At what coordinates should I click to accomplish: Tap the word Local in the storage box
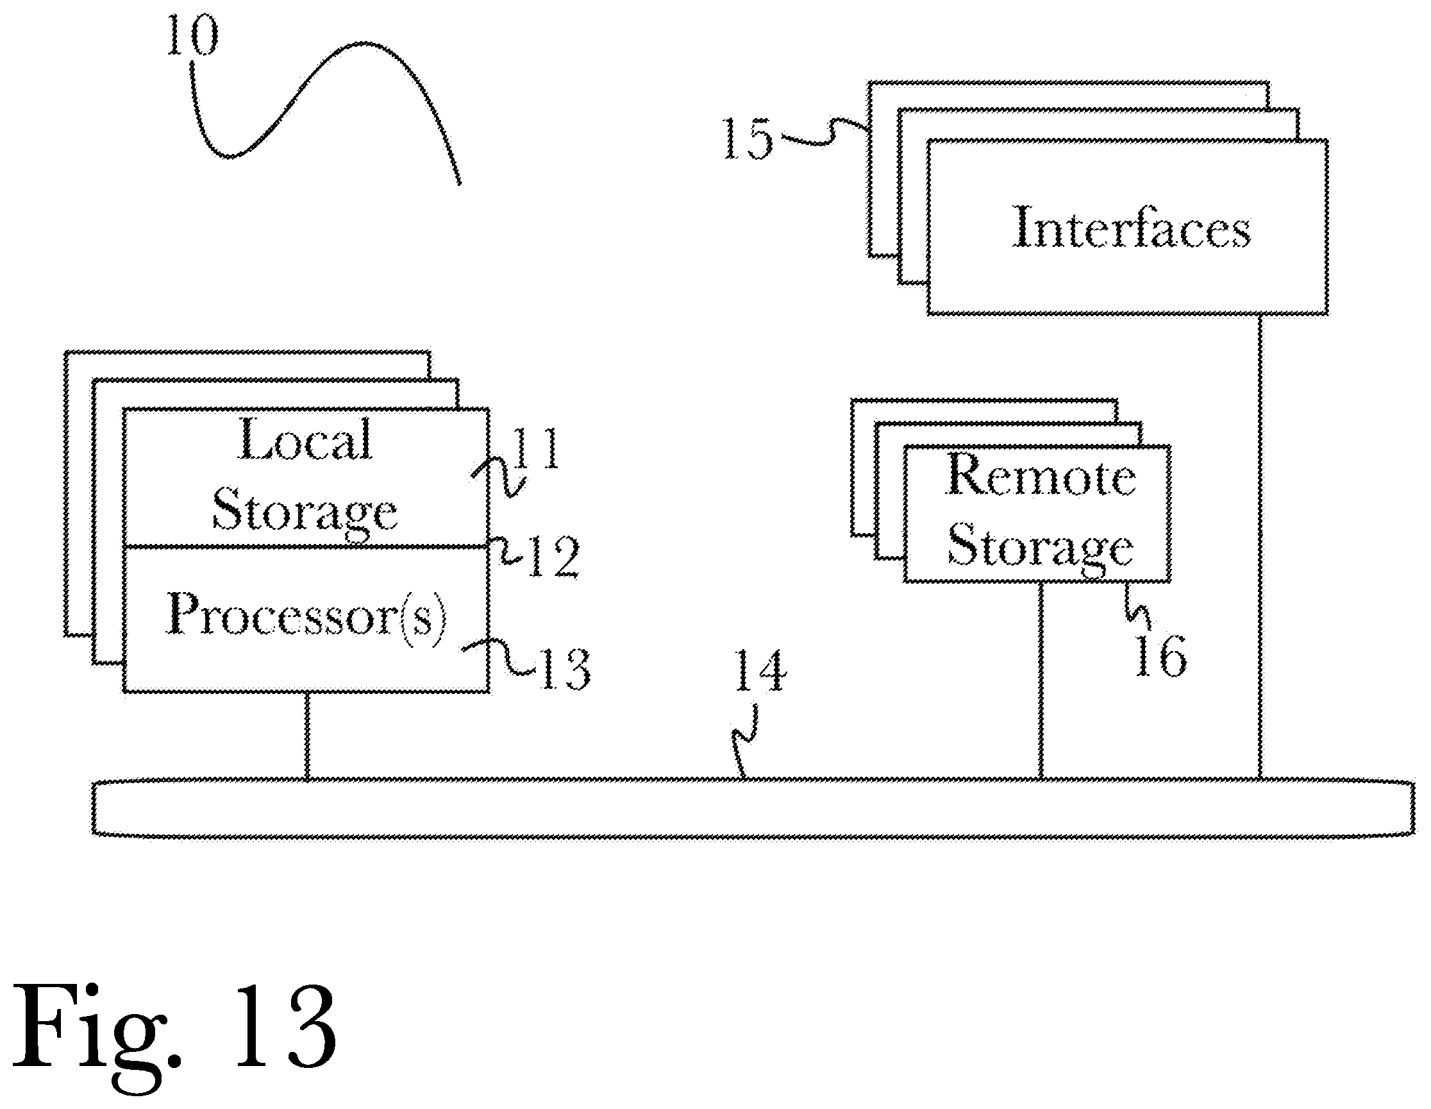[x=305, y=439]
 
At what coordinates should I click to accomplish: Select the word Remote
[x=1041, y=475]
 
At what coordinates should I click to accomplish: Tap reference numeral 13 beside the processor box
[x=565, y=668]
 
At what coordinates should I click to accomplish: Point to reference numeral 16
[x=1160, y=656]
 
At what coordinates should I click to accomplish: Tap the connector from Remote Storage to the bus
[x=1041, y=681]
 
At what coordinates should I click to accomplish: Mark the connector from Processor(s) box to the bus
[x=306, y=736]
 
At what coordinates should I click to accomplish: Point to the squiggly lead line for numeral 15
[x=823, y=133]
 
